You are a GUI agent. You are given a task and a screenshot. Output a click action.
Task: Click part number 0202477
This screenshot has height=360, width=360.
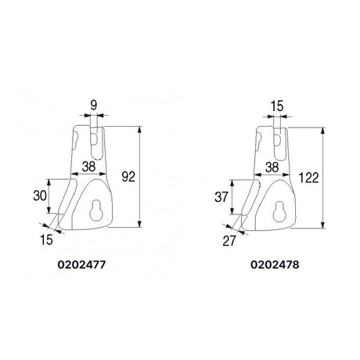81,265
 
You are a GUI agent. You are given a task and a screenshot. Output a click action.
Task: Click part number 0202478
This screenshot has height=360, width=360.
275,265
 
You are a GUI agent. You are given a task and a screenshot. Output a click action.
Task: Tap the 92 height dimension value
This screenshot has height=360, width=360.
128,177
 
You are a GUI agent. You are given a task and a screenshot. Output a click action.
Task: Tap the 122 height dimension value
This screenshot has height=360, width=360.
308,178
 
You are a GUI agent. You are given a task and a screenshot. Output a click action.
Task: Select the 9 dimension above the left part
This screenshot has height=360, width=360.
94,106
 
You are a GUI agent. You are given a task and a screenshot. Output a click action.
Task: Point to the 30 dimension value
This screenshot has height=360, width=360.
40,196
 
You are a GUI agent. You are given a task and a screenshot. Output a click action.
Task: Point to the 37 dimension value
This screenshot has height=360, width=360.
221,197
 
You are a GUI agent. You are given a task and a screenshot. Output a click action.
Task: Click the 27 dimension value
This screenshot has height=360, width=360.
229,241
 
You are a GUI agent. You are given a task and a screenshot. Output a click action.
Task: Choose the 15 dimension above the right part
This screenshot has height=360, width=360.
277,106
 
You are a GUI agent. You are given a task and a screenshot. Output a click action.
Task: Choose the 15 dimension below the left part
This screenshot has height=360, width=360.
46,239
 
